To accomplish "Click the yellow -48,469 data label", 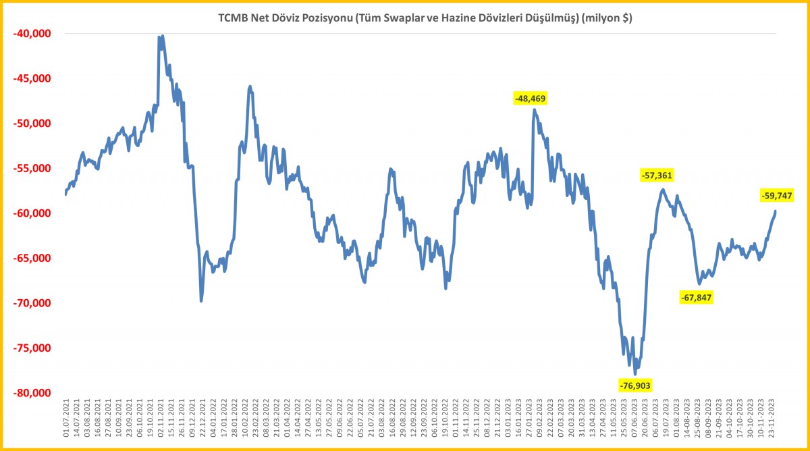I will click(530, 99).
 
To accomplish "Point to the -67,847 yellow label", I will click(696, 297).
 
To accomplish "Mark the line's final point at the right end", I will click(775, 211).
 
